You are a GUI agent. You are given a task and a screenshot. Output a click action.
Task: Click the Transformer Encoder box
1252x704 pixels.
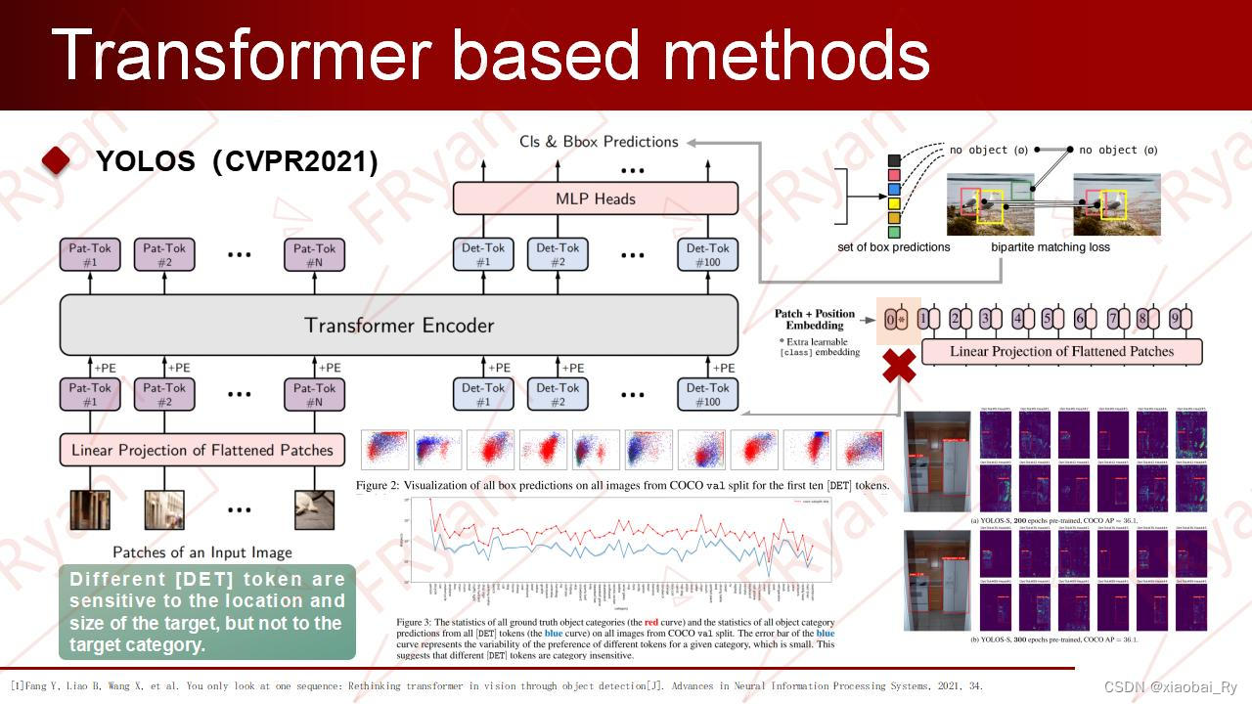click(x=398, y=325)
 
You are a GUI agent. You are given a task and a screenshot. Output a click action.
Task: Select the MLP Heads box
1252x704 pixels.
click(x=595, y=198)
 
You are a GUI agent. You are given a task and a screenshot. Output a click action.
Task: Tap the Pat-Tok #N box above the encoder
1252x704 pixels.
click(x=315, y=254)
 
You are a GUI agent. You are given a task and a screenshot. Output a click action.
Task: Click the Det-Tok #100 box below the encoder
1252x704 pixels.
click(x=707, y=395)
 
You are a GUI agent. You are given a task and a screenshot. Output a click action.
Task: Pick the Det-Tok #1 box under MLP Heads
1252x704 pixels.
click(x=483, y=254)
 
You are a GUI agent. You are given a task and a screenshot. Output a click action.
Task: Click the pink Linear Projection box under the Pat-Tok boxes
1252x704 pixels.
click(x=202, y=450)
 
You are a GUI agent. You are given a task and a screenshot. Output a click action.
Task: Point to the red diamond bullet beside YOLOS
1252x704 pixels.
click(x=57, y=161)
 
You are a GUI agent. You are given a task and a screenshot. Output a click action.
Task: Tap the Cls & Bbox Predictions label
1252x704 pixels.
click(x=600, y=142)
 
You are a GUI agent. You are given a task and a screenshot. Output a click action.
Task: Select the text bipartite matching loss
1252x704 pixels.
click(x=1050, y=247)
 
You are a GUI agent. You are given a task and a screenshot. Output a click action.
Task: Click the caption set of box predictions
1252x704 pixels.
click(x=894, y=247)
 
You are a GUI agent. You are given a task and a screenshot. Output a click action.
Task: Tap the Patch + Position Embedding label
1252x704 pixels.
click(x=815, y=320)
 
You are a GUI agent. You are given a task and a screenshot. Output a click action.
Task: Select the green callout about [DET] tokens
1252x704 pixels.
click(x=206, y=612)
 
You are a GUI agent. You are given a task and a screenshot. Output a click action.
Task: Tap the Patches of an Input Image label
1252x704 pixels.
click(x=202, y=552)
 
